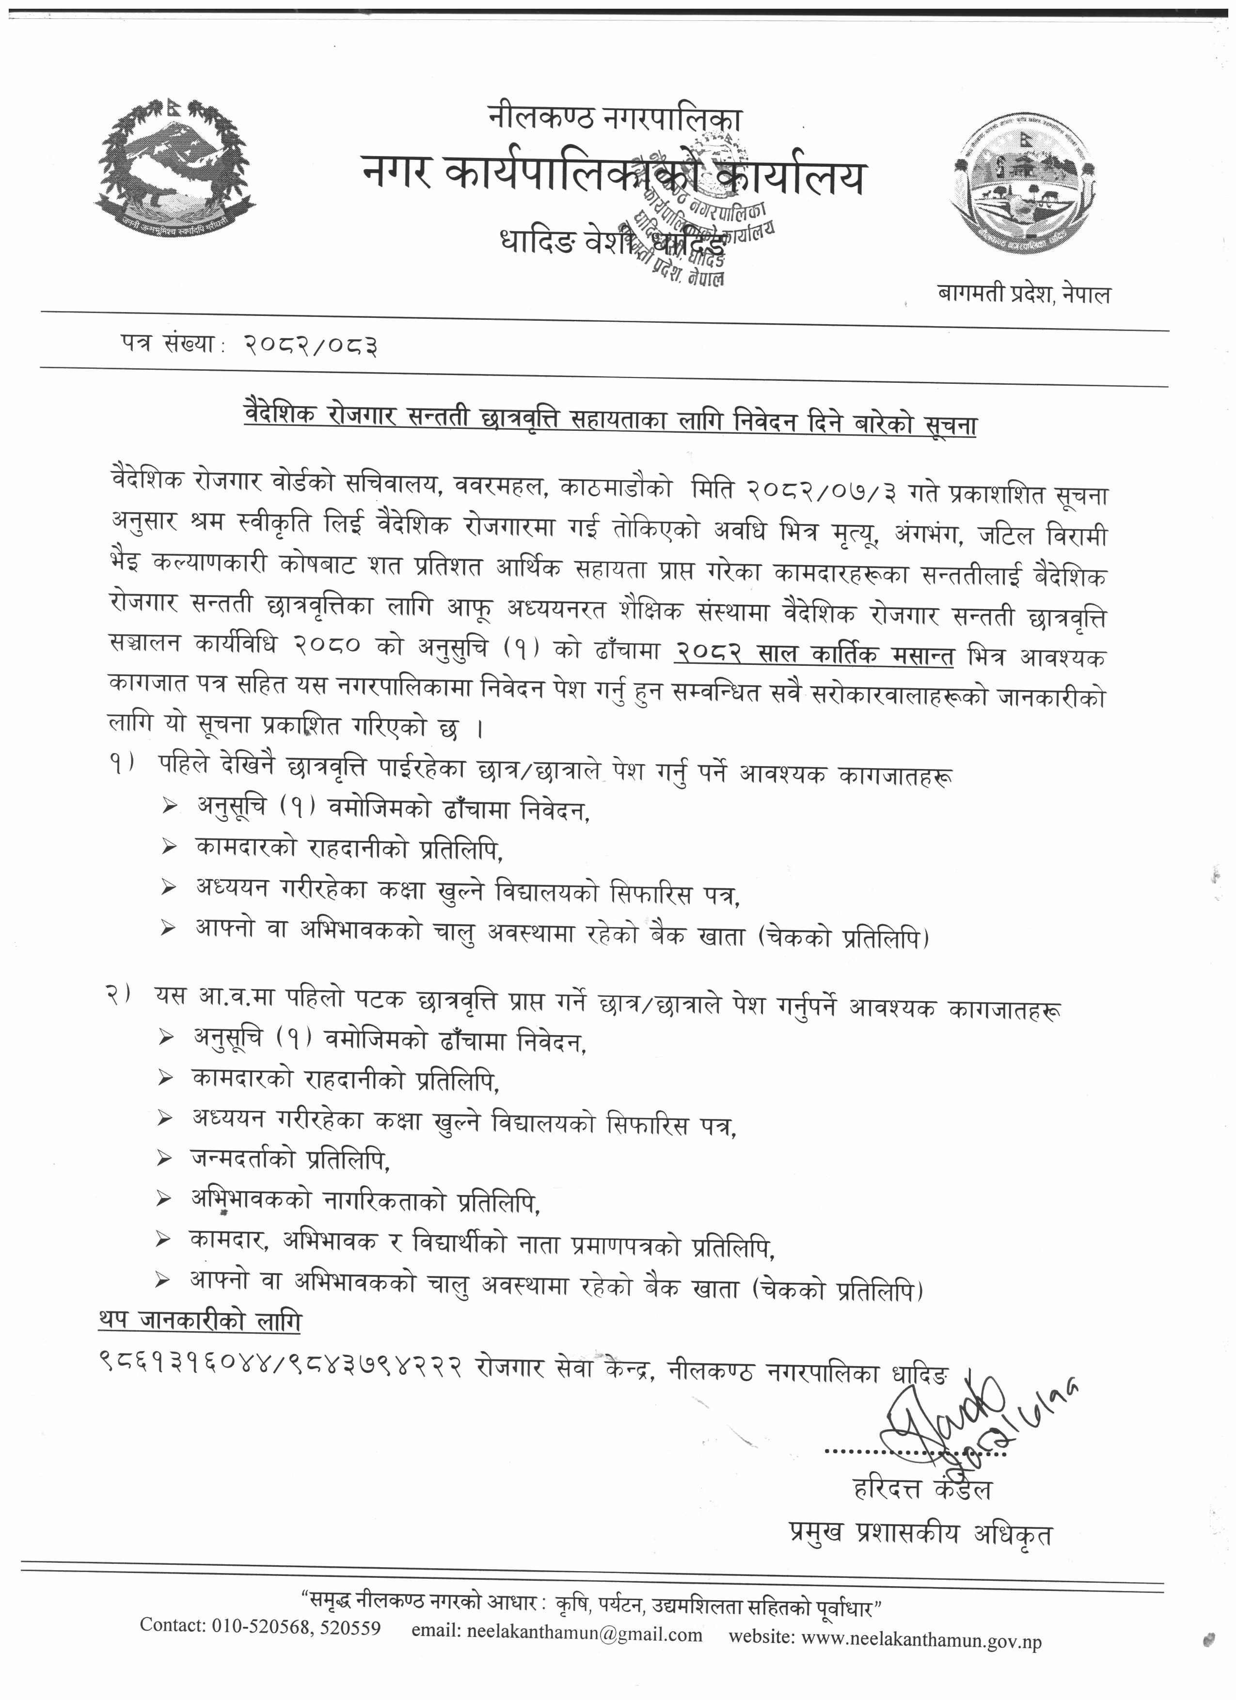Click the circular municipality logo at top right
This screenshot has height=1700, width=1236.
pos(1023,188)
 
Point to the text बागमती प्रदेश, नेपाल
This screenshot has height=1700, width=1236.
pos(1024,294)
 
